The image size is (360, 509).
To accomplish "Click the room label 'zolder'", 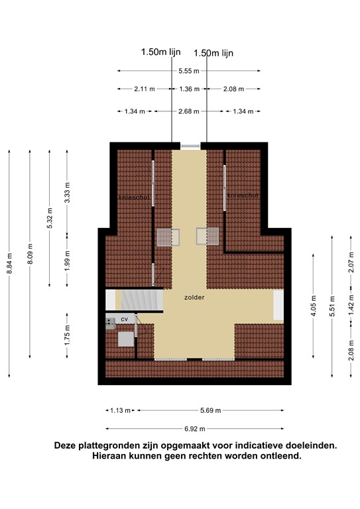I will point(194,298).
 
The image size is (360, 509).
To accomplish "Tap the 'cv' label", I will point(124,319).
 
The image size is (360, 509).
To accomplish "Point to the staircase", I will point(140,300).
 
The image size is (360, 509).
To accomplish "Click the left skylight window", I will point(168,237).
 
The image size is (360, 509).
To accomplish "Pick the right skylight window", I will point(208,236).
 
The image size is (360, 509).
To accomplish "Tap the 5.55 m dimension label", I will point(189,71).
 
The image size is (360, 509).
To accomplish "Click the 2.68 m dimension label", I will point(189,111).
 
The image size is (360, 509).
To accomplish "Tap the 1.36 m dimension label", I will point(189,89).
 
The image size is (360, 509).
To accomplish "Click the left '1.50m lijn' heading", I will point(161,51).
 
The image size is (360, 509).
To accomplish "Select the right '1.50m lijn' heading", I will point(213,52).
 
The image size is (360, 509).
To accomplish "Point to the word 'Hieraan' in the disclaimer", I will point(109,457).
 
